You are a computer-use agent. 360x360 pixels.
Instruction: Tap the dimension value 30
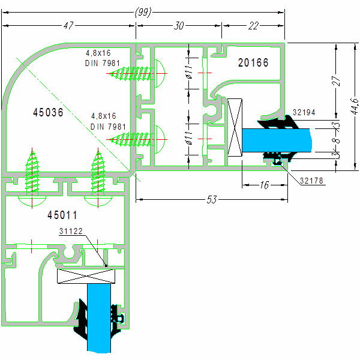coord(179,26)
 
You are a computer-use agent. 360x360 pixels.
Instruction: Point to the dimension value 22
coord(253,26)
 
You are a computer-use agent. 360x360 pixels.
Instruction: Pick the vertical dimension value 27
coord(337,83)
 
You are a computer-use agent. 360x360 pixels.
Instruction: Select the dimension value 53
coord(211,199)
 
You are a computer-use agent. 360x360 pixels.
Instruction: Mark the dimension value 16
coord(264,185)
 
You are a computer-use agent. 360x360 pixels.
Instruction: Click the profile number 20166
coord(253,62)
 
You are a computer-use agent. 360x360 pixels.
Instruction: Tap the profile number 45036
coord(48,112)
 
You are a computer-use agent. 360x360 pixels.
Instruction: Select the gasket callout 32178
coord(313,179)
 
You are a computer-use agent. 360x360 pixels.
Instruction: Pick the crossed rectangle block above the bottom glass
coord(86,276)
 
